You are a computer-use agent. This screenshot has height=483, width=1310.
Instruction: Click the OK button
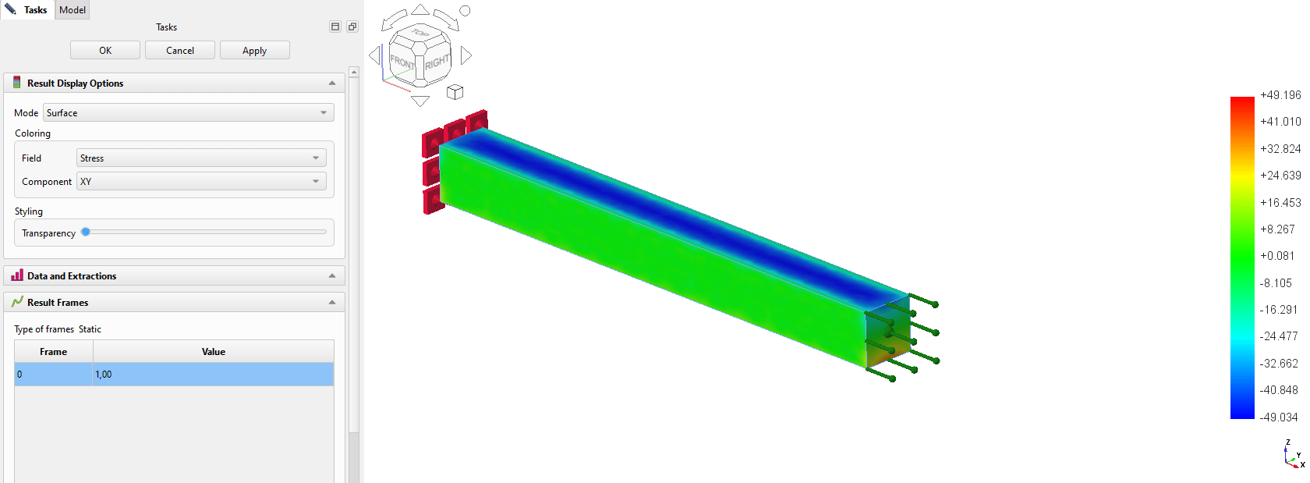pos(105,51)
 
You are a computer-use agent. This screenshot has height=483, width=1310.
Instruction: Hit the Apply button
pos(254,51)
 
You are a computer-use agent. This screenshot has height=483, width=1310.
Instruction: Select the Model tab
pos(73,10)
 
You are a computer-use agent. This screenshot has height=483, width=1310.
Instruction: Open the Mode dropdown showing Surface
pos(189,112)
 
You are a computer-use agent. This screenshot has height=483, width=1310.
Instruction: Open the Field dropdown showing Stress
pos(201,158)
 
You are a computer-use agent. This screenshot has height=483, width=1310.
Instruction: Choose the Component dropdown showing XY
pos(201,182)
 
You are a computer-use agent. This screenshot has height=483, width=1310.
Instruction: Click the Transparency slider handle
pos(86,232)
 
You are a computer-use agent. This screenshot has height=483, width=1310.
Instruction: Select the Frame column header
pos(53,351)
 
